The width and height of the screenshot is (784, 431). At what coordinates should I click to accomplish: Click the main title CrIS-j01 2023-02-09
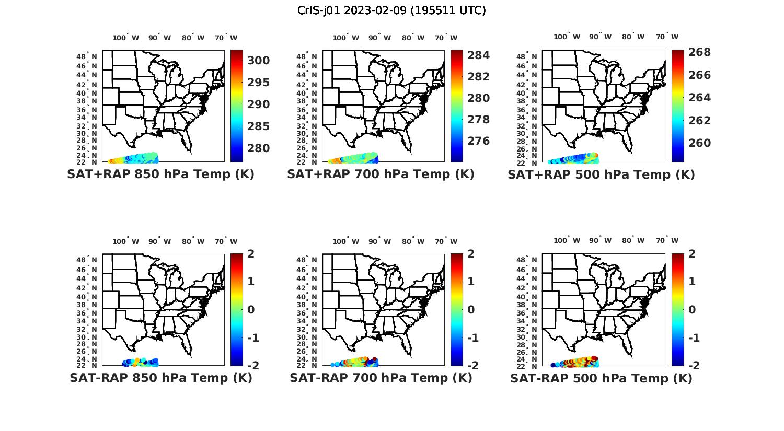[x=391, y=10]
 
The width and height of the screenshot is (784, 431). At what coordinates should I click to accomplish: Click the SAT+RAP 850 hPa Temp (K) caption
[x=160, y=174]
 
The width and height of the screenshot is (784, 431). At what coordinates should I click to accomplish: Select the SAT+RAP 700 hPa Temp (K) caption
[x=381, y=174]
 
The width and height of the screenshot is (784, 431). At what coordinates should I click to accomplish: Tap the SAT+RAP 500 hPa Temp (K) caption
[x=601, y=174]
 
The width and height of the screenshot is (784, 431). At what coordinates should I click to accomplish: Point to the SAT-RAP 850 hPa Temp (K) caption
[x=161, y=378]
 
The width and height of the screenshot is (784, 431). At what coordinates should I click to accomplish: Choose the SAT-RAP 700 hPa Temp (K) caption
[x=381, y=378]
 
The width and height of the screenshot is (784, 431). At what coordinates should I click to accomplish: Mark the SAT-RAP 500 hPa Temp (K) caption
[x=601, y=378]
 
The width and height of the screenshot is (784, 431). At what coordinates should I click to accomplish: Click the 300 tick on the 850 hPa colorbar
[x=259, y=61]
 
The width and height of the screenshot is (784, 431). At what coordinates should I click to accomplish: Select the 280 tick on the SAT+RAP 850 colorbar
[x=259, y=148]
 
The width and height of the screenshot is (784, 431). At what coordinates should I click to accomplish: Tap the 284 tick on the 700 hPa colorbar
[x=479, y=55]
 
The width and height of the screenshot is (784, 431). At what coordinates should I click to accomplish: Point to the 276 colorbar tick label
[x=479, y=141]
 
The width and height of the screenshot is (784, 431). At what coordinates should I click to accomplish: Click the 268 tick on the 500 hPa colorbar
[x=700, y=52]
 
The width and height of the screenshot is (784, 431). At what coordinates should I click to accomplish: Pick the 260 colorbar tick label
[x=700, y=143]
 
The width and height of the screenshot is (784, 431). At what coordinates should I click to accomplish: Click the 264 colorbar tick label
[x=700, y=98]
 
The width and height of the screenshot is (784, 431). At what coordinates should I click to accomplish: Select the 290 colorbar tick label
[x=259, y=104]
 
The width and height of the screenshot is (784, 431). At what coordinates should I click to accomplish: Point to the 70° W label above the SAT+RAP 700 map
[x=446, y=38]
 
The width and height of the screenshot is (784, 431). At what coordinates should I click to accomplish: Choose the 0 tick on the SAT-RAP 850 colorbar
[x=251, y=310]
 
